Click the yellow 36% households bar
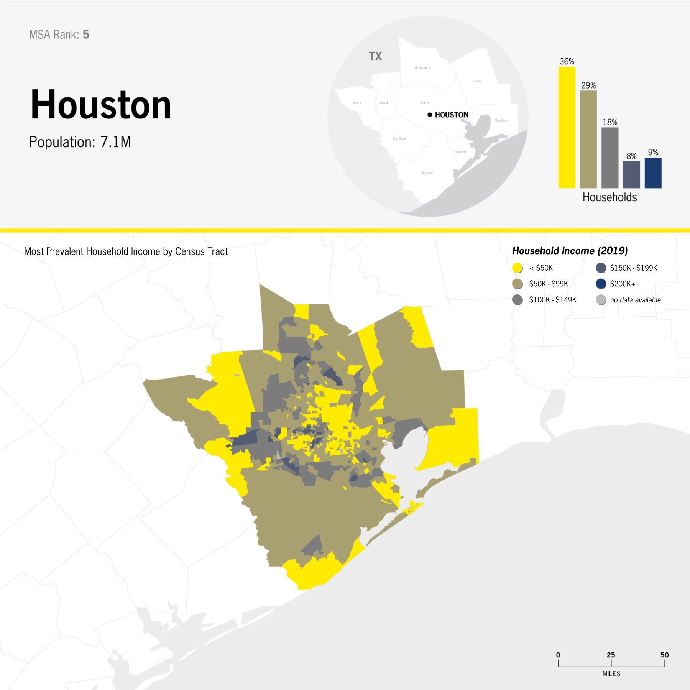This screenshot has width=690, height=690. click(x=567, y=127)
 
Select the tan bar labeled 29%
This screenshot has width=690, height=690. click(x=588, y=139)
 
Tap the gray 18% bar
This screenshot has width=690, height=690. click(x=609, y=158)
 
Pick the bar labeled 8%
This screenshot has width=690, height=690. click(x=631, y=174)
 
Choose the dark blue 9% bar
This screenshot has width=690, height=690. click(x=653, y=173)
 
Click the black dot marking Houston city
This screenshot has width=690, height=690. click(x=430, y=115)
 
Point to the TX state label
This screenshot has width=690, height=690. click(x=375, y=56)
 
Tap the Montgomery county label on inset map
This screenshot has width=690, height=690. click(x=422, y=68)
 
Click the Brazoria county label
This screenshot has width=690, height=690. click(x=427, y=172)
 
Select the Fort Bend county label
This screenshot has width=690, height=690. click(x=399, y=139)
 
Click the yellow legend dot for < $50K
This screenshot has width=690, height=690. click(x=517, y=268)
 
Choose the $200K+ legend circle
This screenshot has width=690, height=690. click(x=601, y=284)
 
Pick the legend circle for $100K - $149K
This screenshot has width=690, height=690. click(x=517, y=300)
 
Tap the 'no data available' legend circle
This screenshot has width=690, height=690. click(x=601, y=300)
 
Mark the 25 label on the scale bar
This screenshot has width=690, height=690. click(x=611, y=655)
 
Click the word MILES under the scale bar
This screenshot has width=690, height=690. click(x=611, y=674)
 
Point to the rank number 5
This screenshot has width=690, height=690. click(x=86, y=34)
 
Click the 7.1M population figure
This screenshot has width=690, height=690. click(x=116, y=142)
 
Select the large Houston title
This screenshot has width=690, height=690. click(x=100, y=105)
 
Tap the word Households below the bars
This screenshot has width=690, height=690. click(x=609, y=197)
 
